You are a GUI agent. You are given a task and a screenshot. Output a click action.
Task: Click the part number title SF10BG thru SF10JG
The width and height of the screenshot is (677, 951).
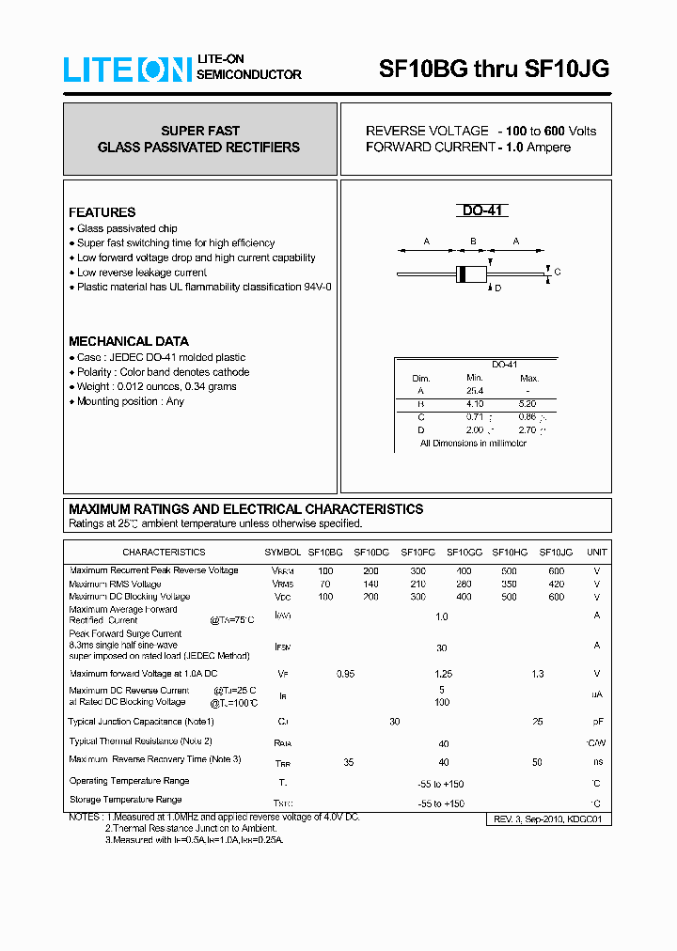pos(494,69)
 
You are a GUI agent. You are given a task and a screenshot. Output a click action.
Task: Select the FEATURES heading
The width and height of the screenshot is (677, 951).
pos(102,212)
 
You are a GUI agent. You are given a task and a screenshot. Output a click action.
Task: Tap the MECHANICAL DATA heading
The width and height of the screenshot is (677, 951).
pos(128,341)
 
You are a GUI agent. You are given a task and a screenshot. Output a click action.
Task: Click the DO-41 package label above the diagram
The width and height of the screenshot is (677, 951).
pos(484,211)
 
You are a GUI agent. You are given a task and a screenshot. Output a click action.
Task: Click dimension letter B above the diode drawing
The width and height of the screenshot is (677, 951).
pos(473,242)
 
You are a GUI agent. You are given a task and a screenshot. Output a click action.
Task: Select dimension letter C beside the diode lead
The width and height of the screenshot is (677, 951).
pos(557,273)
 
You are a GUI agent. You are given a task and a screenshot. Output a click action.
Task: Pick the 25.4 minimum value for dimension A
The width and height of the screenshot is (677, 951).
pos(474,390)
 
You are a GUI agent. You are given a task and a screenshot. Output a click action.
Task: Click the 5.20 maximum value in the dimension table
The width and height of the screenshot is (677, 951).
pos(527,403)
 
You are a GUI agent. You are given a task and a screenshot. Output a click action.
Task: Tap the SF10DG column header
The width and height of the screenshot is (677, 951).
pos(371,553)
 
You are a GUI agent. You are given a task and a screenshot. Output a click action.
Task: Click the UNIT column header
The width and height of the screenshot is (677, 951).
pos(596,553)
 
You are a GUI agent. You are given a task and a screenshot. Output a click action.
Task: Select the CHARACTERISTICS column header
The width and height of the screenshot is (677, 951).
pos(163,553)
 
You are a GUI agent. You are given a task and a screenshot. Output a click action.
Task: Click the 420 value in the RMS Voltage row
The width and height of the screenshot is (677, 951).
pos(556,584)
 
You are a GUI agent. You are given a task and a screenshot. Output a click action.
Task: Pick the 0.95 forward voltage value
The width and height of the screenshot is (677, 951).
pos(345,674)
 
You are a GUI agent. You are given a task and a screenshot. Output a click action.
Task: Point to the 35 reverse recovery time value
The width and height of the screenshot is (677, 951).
pos(348,762)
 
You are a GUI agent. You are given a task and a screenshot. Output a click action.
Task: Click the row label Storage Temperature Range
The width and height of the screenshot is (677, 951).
pos(125,800)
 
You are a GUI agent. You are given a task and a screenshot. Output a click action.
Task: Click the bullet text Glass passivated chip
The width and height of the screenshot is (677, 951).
pos(127,228)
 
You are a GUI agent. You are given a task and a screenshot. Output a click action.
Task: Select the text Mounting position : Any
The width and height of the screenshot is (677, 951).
pos(130,401)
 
